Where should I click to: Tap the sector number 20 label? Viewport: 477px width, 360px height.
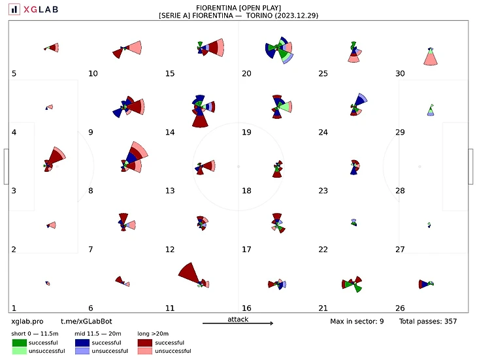[246, 73]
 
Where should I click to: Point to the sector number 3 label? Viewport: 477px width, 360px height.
[14, 191]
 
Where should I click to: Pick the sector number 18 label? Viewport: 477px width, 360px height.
[246, 191]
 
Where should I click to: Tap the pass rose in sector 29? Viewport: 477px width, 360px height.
[431, 109]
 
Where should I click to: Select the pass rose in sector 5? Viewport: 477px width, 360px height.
[52, 48]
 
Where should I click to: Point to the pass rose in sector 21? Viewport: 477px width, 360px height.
[353, 284]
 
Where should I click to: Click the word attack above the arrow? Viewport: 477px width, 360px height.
[238, 319]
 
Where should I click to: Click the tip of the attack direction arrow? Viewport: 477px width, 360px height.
[272, 323]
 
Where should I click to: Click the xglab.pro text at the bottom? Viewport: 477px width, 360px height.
[27, 321]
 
